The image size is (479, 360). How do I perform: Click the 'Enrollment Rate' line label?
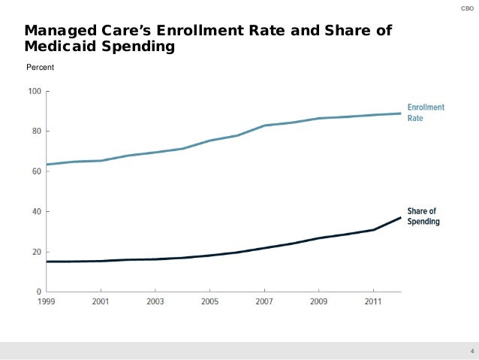pyautogui.click(x=425, y=113)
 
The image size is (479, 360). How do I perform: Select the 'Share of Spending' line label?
pyautogui.click(x=423, y=216)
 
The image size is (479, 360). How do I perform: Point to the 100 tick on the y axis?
pyautogui.click(x=35, y=92)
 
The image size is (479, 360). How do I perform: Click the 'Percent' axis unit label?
pyautogui.click(x=40, y=68)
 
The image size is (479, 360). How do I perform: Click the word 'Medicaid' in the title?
pyautogui.click(x=59, y=47)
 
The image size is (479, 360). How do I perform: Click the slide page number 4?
pyautogui.click(x=471, y=351)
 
